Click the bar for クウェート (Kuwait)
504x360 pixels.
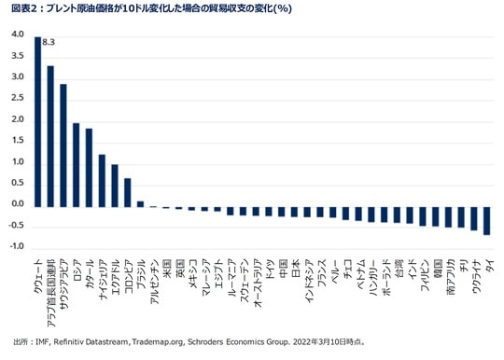tap(37, 120)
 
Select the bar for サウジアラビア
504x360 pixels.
tap(63, 145)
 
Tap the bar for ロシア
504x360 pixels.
tap(77, 164)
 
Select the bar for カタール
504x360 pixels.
tap(89, 167)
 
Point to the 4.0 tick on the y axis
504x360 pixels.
tap(17, 35)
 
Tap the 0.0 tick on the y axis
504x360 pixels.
tap(17, 204)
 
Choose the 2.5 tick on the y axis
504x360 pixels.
tap(17, 99)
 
